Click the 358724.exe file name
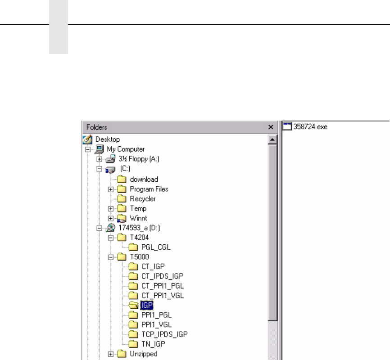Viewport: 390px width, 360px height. click(x=310, y=127)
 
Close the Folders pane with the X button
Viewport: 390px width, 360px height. click(x=271, y=127)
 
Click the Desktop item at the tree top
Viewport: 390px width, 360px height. click(x=108, y=139)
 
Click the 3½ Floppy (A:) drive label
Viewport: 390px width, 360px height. click(x=139, y=159)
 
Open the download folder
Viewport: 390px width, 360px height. click(x=144, y=179)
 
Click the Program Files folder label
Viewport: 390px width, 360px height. click(x=149, y=189)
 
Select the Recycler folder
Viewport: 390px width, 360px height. click(x=143, y=199)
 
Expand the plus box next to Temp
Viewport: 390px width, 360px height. click(x=111, y=209)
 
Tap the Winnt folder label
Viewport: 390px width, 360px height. click(x=139, y=218)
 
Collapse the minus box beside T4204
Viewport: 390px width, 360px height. click(x=111, y=237)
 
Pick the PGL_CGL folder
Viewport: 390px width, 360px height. click(x=156, y=247)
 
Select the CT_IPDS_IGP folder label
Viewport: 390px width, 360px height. click(x=162, y=276)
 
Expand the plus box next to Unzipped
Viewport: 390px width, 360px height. click(x=111, y=354)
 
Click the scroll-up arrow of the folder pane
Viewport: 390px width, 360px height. click(x=272, y=140)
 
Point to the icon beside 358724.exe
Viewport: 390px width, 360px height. click(x=287, y=127)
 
